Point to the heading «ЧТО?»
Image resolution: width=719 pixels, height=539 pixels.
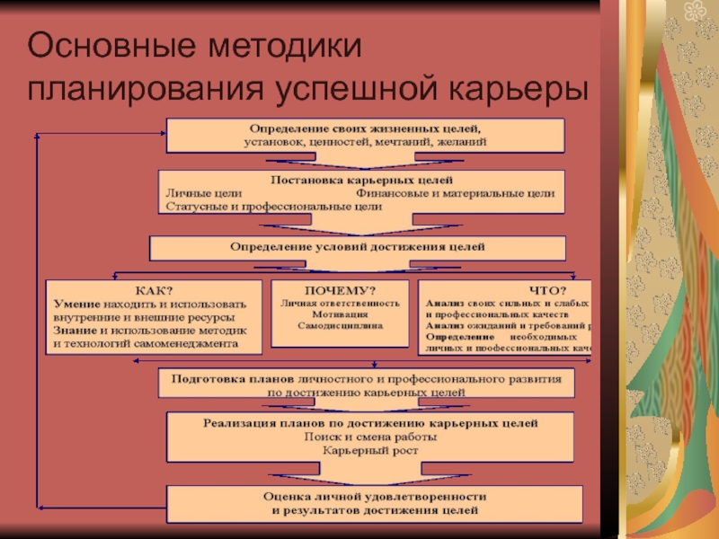click(x=547, y=290)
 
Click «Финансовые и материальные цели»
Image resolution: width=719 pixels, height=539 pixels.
click(x=455, y=193)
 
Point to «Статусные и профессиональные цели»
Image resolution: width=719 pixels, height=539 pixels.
click(x=274, y=206)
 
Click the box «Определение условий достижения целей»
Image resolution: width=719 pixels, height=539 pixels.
click(x=357, y=246)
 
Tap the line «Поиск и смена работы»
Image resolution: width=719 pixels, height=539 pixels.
click(x=369, y=437)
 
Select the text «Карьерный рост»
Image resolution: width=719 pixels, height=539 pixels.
click(x=369, y=450)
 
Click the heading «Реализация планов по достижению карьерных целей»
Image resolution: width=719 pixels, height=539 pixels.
click(x=369, y=422)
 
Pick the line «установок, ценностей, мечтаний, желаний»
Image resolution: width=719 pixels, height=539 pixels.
click(x=365, y=142)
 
